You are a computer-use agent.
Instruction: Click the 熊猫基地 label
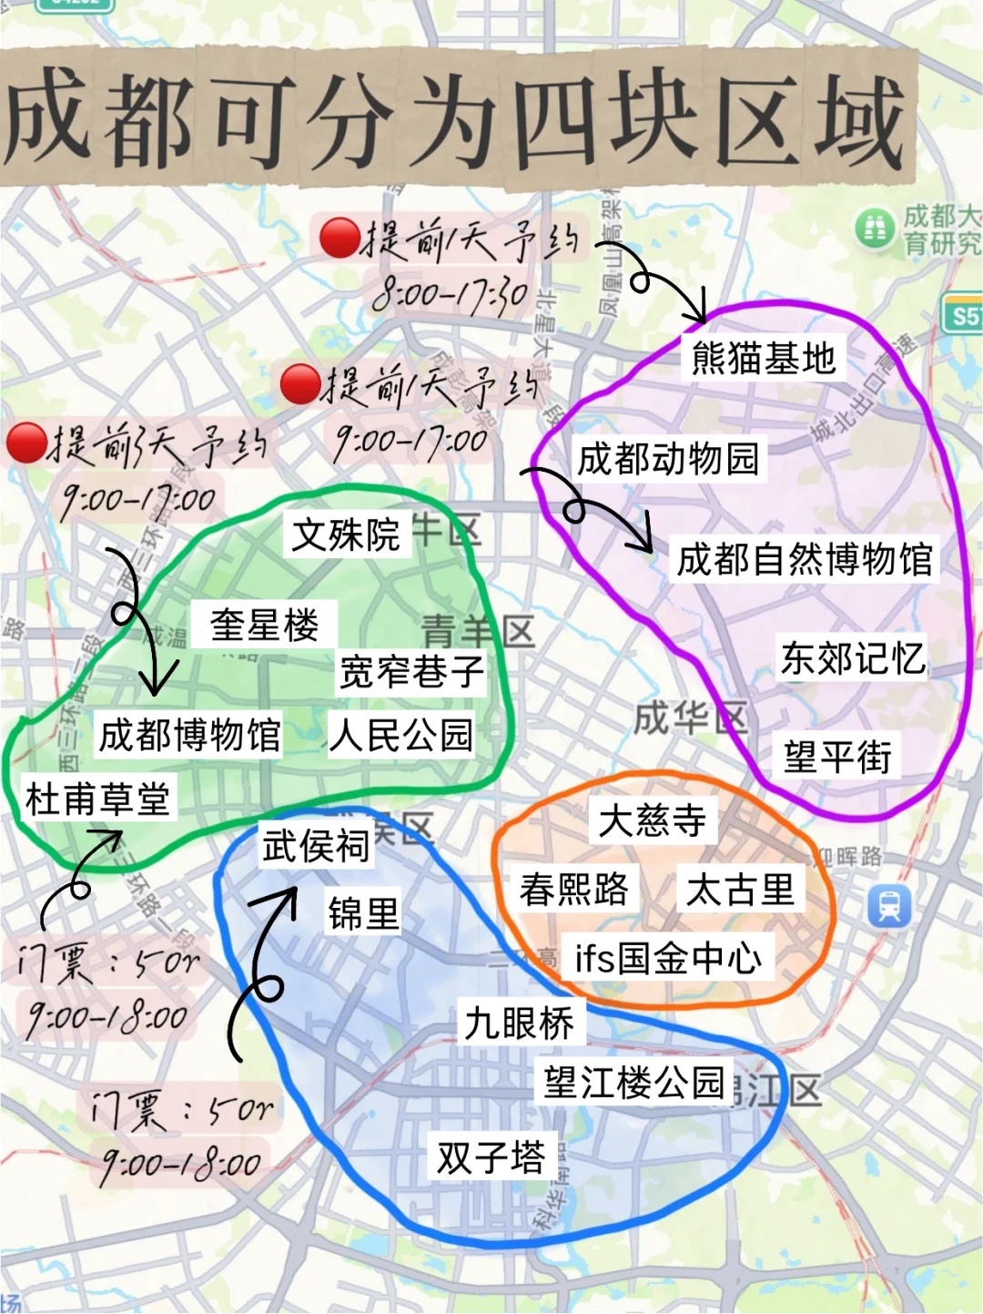click(x=763, y=359)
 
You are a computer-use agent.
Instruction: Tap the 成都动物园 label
click(x=668, y=459)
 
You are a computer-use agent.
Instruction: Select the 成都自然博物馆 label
click(x=805, y=559)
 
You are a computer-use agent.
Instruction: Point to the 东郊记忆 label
click(x=852, y=658)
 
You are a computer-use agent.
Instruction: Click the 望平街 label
click(x=837, y=757)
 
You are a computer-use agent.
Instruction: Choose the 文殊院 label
click(x=346, y=535)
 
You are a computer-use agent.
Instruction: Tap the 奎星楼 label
click(x=264, y=625)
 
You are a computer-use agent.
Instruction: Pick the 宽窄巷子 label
click(x=411, y=673)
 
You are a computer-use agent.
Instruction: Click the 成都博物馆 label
click(x=189, y=735)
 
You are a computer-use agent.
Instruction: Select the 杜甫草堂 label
click(x=97, y=800)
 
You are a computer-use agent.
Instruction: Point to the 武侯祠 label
click(x=315, y=846)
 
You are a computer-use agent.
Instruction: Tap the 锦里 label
click(x=363, y=913)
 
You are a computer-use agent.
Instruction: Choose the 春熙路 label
click(x=573, y=889)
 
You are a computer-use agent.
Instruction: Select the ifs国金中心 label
click(x=668, y=958)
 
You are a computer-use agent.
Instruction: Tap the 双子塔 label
click(x=491, y=1157)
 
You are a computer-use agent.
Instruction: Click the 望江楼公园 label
click(x=633, y=1083)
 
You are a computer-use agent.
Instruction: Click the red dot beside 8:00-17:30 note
click(x=340, y=238)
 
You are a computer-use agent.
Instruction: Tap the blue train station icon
click(x=888, y=906)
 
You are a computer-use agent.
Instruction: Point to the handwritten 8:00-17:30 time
click(x=451, y=294)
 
